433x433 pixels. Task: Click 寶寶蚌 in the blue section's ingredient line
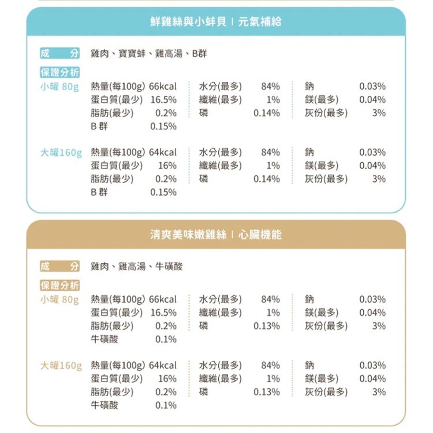128,54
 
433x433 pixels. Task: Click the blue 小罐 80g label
59,87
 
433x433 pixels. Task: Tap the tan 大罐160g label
61,365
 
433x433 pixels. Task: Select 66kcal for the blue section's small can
163,87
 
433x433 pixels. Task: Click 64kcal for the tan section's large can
163,365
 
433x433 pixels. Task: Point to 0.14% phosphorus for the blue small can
267,113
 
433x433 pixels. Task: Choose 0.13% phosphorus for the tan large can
267,392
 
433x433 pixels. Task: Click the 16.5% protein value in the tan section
164,313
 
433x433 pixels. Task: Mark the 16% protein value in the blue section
167,165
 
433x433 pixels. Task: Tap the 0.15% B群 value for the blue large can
163,192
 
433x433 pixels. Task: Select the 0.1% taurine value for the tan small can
166,339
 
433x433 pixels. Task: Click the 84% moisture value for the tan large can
271,365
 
